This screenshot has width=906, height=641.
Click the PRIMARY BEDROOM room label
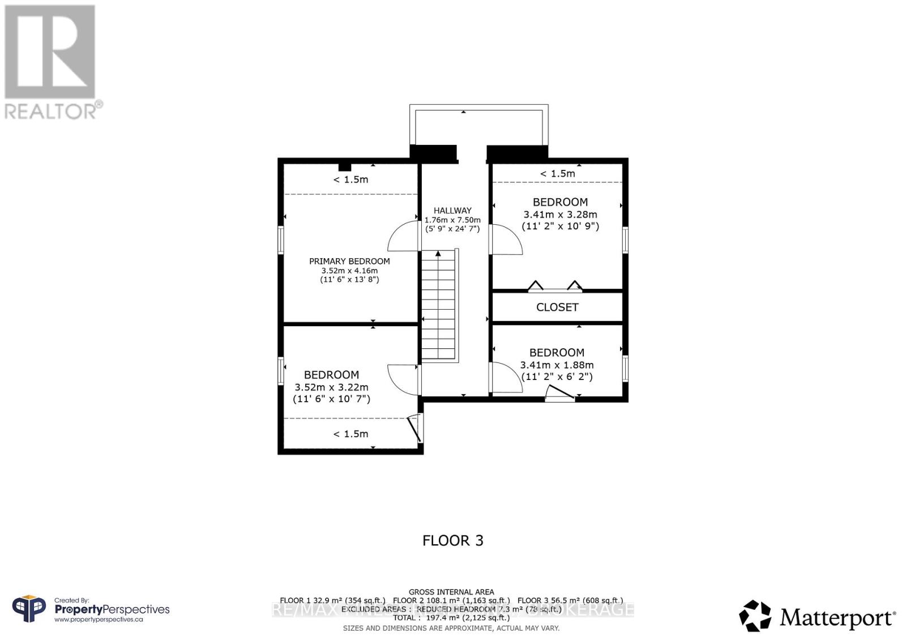(349, 261)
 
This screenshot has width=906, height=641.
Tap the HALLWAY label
(452, 210)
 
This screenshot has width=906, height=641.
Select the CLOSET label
(557, 307)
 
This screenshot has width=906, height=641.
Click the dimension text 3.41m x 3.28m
(560, 215)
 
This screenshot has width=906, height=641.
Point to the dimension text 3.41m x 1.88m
(557, 365)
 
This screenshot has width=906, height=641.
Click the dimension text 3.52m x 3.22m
(331, 387)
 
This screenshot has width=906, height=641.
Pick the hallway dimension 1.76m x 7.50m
(452, 220)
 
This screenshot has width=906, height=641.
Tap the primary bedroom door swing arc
(403, 237)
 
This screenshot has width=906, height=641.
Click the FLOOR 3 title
(453, 540)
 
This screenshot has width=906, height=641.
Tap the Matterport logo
(817, 616)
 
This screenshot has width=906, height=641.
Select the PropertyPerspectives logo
(91, 610)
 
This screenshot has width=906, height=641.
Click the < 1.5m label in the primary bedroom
(351, 180)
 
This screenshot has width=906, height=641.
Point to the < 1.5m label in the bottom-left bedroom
(351, 434)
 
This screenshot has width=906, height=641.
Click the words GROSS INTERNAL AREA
(451, 592)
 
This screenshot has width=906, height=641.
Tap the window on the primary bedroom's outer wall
(281, 240)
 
